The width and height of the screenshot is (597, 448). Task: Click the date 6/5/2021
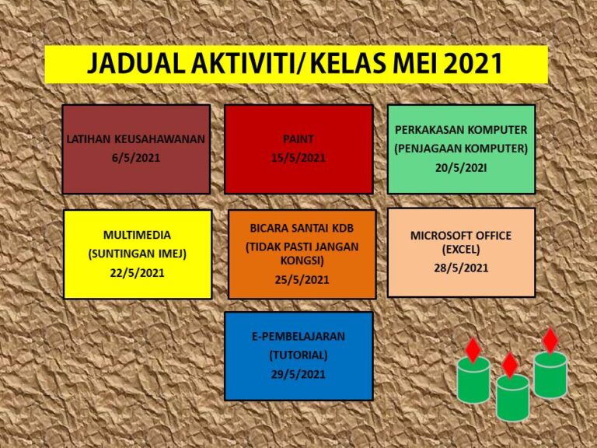click(136, 158)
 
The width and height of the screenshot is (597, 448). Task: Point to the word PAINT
click(298, 138)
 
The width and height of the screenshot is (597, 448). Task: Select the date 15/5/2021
click(298, 158)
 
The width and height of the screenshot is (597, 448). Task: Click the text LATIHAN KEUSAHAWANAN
click(136, 138)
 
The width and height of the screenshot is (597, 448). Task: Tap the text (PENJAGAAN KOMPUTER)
click(461, 149)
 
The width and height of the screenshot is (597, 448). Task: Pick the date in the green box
click(461, 168)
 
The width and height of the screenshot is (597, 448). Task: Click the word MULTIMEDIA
click(137, 235)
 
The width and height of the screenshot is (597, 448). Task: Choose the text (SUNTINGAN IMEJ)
click(137, 254)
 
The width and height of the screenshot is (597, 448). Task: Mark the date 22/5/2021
click(137, 273)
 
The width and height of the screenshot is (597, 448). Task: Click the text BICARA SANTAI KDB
click(302, 228)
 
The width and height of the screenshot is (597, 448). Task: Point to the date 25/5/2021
click(302, 280)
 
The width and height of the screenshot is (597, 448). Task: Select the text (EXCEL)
click(461, 250)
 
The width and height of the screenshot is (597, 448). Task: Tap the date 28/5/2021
click(461, 268)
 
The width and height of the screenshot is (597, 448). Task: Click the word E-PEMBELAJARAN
click(298, 336)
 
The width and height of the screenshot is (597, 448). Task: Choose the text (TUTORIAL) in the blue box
click(298, 355)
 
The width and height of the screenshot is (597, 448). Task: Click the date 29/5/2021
click(298, 374)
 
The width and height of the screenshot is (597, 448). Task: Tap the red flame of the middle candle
click(510, 365)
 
